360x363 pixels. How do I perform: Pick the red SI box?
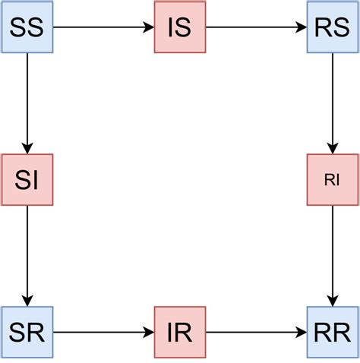click(27, 180)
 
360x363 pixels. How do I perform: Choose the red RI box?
click(332, 180)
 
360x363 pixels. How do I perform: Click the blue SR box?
click(27, 333)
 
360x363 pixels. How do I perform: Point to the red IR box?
click(179, 333)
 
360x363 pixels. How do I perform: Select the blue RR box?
click(332, 333)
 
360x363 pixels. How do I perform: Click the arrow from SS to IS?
click(103, 28)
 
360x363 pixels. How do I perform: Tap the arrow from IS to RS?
click(256, 28)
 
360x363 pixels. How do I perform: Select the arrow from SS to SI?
click(27, 103)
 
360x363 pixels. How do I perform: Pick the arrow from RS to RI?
click(332, 103)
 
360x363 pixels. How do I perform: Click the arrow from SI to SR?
click(27, 256)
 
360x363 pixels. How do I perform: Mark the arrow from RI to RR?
click(332, 256)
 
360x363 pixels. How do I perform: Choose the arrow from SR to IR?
click(103, 333)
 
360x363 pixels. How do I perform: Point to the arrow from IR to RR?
click(256, 333)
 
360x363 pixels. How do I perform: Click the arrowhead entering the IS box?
click(148, 28)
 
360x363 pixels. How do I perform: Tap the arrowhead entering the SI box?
click(27, 148)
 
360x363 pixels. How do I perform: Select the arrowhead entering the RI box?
click(332, 148)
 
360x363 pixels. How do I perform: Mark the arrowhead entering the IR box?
click(148, 333)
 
